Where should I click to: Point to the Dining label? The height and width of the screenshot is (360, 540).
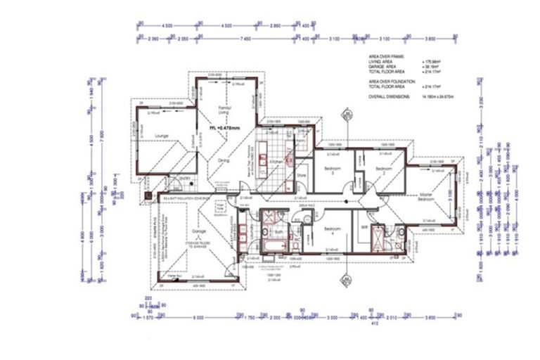coord(224,161)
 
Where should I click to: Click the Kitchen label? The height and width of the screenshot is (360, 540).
coord(276,162)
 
